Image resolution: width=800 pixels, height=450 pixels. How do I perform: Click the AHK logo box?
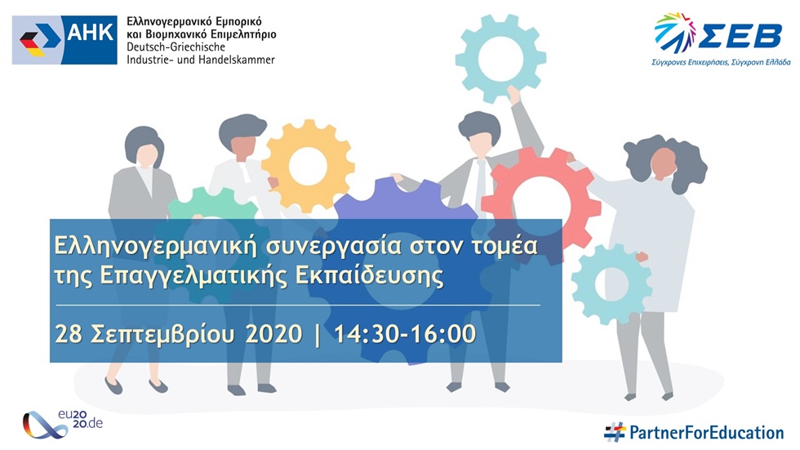64,40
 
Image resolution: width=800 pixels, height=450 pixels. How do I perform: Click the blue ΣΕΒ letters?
740,35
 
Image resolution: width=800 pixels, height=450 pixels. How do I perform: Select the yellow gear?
308,166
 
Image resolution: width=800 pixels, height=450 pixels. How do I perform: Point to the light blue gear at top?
500,58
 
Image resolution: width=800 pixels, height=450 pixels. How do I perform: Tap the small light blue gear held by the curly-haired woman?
611,283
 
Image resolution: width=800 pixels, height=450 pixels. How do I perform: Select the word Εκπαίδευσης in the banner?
369,276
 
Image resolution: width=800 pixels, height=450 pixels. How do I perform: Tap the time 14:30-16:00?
405,334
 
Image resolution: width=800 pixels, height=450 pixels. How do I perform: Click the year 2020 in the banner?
273,335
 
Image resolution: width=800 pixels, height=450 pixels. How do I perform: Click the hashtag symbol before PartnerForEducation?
615,432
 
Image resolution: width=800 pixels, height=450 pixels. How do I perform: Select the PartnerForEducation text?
706,433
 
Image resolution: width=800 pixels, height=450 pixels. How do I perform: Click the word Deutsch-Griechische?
176,47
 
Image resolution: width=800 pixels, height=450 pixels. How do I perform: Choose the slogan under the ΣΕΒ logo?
720,62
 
